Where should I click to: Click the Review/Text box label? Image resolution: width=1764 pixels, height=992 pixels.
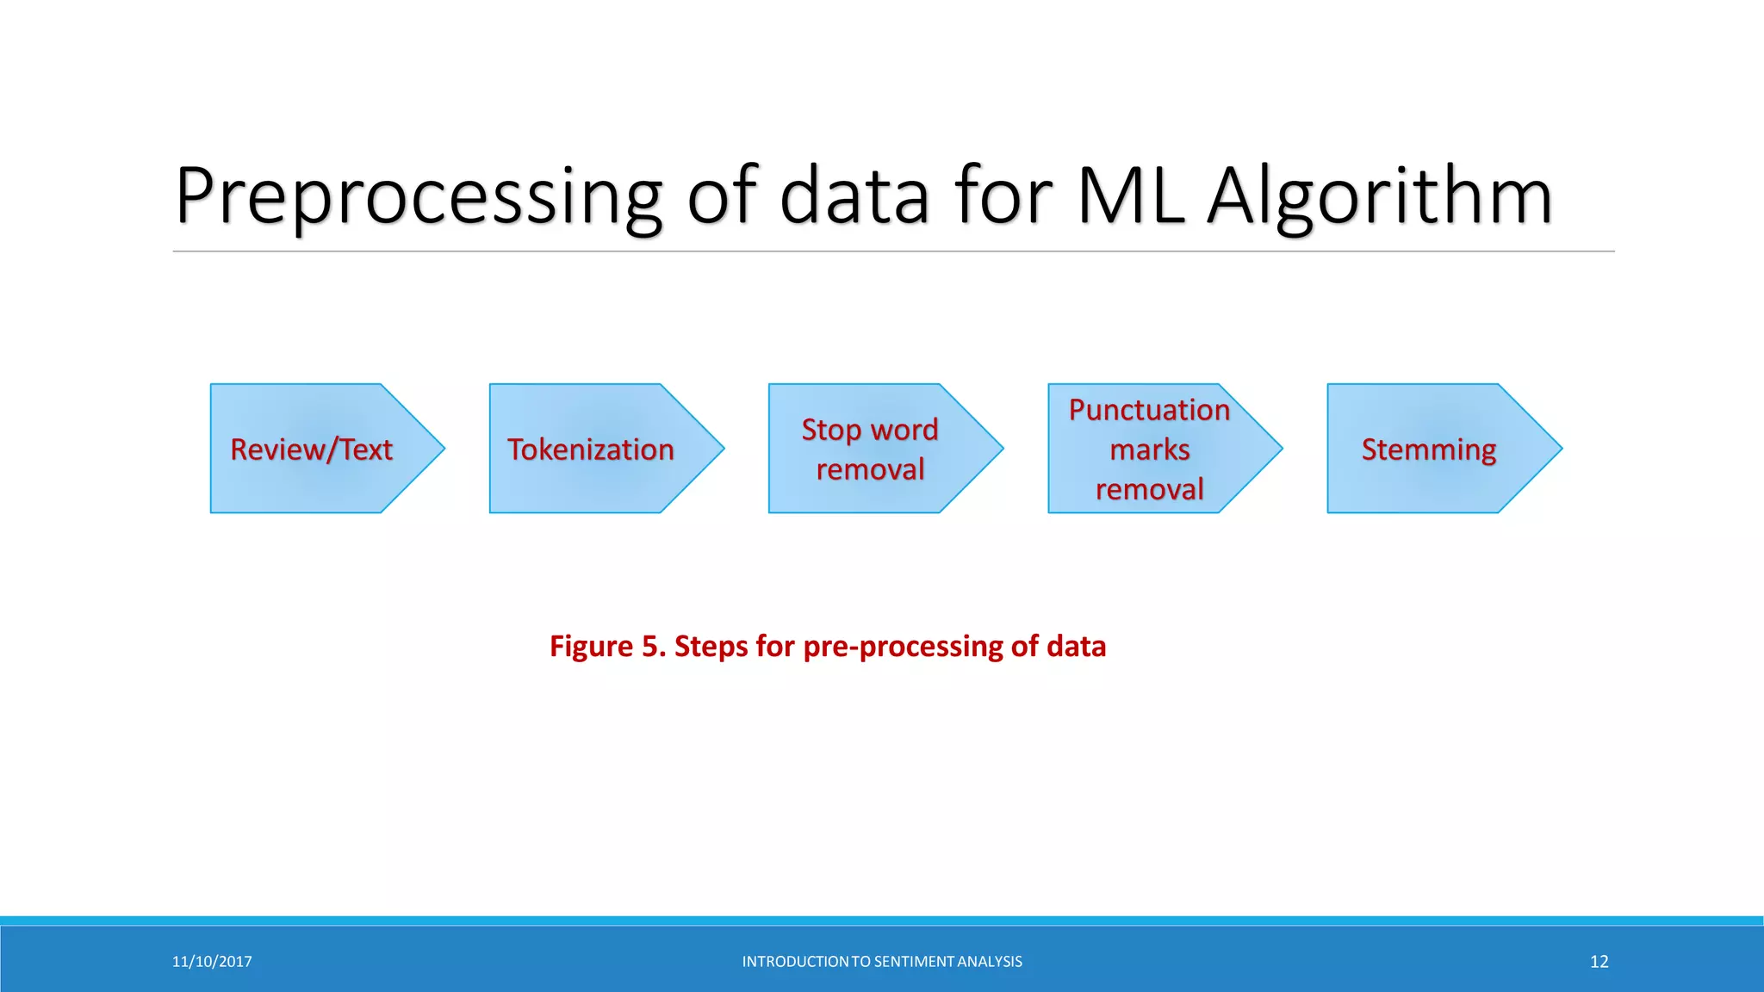click(311, 449)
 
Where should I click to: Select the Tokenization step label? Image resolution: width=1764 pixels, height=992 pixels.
click(590, 449)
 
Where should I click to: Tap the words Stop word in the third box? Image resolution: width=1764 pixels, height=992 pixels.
click(869, 429)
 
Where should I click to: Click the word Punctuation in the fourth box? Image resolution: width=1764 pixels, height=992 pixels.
click(1149, 410)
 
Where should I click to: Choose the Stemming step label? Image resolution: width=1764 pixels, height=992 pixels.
click(1428, 449)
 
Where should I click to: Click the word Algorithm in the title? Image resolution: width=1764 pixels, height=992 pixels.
click(1379, 196)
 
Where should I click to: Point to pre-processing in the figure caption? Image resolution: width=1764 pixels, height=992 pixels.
click(902, 646)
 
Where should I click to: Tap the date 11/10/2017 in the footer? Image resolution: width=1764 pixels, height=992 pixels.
click(212, 962)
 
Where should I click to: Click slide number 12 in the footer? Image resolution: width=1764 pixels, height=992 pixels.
click(1599, 962)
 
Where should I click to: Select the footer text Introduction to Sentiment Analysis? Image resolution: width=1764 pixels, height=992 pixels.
click(882, 962)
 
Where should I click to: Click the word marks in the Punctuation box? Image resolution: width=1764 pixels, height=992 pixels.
click(1149, 449)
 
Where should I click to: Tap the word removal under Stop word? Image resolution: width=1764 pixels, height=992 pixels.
click(869, 469)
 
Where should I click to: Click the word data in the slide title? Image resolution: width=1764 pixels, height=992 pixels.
click(854, 196)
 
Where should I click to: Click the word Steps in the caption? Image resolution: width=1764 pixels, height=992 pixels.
click(711, 646)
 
